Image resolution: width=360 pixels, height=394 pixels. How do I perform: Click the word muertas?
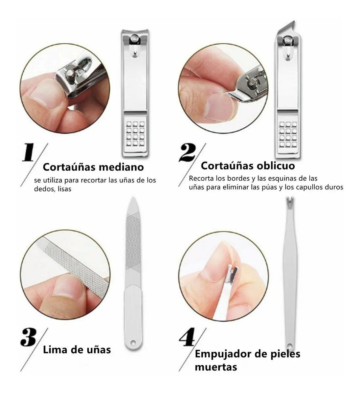(216, 366)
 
